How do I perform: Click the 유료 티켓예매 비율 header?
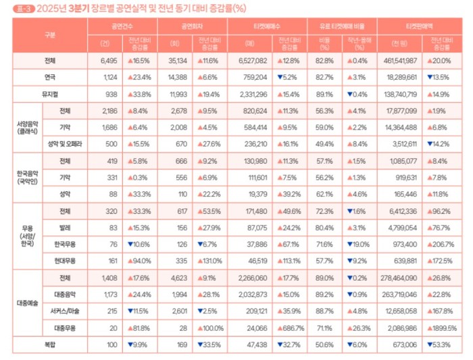point(342,26)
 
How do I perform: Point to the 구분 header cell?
point(49,34)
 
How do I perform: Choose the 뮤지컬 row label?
point(49,94)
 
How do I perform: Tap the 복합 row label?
point(49,344)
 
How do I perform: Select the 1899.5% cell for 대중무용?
point(443,328)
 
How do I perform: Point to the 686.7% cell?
point(292,328)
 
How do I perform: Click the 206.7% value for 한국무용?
point(443,244)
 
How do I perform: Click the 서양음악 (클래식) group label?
point(26,127)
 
